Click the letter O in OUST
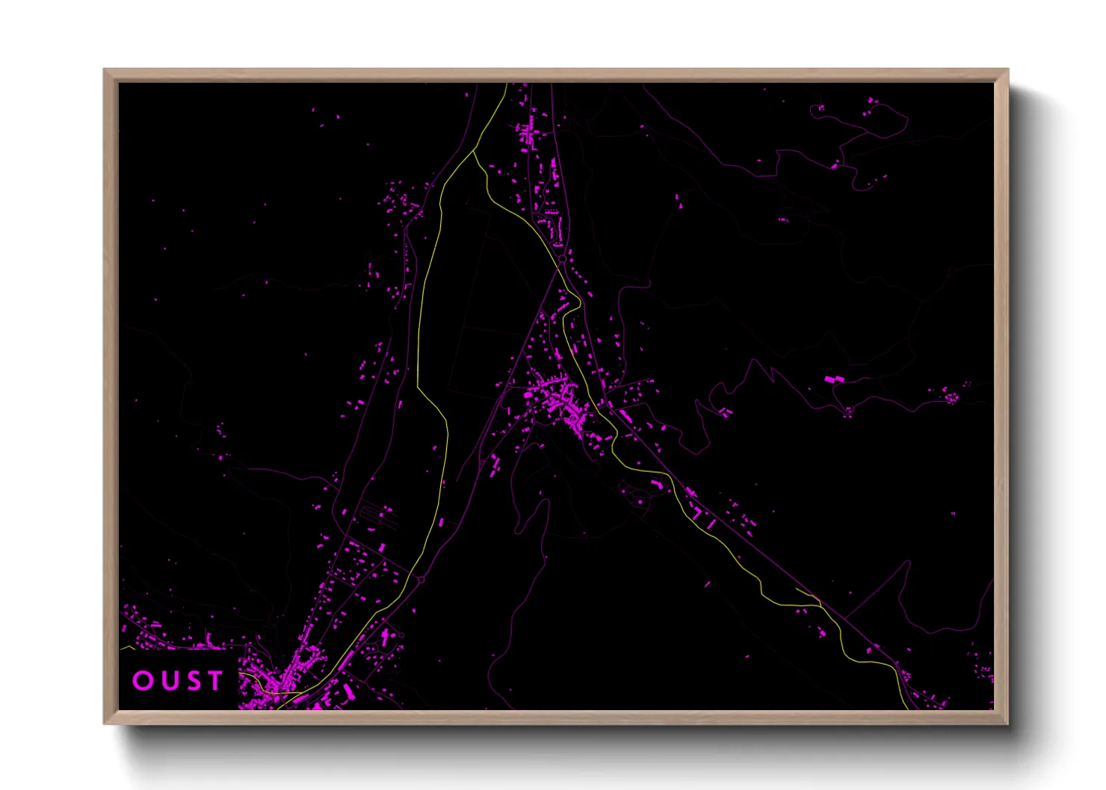pos(142,680)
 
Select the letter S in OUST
pos(191,680)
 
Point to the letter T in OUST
pos(215,680)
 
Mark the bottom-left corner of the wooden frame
pos(105,722)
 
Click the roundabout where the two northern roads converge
pos(561,260)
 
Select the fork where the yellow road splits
pos(474,152)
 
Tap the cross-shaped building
pos(386,637)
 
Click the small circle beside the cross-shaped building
pos(401,635)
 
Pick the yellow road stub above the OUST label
pos(127,648)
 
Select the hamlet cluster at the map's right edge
pos(951,395)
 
